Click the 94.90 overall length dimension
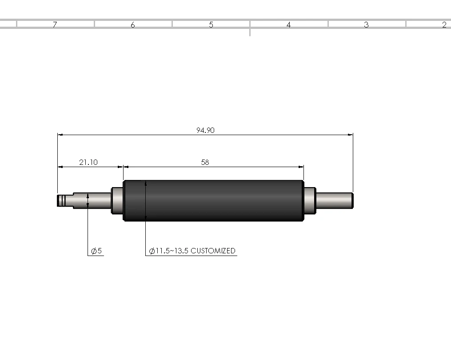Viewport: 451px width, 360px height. (205, 130)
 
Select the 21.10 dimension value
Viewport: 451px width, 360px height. (88, 163)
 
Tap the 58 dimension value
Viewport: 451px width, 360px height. (205, 163)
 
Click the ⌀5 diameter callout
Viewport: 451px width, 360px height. (96, 251)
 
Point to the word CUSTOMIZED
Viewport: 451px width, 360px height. (213, 251)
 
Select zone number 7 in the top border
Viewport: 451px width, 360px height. (55, 25)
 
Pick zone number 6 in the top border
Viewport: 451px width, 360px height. (133, 25)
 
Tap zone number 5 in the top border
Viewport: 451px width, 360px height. (211, 25)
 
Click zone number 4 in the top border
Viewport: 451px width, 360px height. (288, 25)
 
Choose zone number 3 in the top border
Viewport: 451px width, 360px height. (366, 25)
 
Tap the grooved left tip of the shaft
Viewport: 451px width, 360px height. (62, 200)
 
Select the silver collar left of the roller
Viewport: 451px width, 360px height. (117, 200)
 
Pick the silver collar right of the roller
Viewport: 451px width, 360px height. (309, 200)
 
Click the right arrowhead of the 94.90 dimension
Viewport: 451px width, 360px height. (350, 134)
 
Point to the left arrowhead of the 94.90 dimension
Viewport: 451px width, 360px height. (60, 134)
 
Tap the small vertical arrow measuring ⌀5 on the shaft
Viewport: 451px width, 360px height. (88, 200)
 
